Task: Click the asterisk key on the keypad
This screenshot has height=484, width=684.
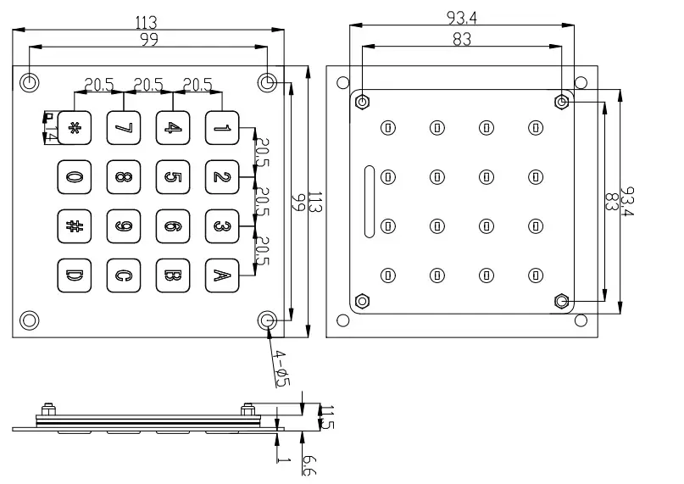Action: coord(73,128)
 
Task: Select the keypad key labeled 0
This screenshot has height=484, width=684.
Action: coord(73,177)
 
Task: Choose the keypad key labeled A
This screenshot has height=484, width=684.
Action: coord(221,275)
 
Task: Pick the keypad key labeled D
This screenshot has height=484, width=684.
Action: coord(73,275)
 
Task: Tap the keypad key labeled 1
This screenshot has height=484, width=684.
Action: coord(221,128)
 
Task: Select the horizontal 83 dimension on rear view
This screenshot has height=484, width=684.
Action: coord(461,39)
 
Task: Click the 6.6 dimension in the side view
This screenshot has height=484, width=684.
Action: coord(309,465)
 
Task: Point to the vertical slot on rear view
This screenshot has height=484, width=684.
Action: coord(369,201)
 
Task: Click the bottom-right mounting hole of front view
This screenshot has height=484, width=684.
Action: coord(268,320)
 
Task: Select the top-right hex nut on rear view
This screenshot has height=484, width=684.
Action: coord(561,102)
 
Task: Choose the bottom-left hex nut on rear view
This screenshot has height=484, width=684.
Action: coord(363,301)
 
